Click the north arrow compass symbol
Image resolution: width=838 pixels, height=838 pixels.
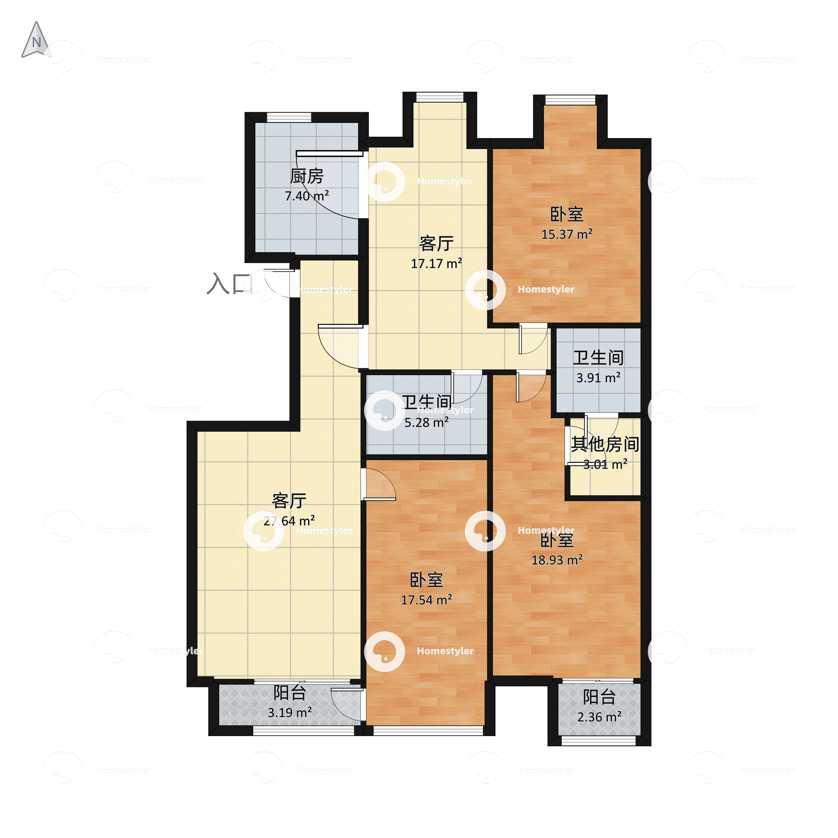pyautogui.click(x=36, y=40)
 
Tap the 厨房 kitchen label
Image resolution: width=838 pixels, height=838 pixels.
pyautogui.click(x=307, y=176)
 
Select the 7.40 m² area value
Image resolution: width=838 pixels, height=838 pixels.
pyautogui.click(x=307, y=196)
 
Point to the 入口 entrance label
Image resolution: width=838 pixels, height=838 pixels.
pyautogui.click(x=229, y=284)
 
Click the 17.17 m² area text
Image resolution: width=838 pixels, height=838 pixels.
pyautogui.click(x=436, y=263)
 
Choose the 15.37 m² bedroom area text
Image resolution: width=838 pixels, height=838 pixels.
pyautogui.click(x=567, y=234)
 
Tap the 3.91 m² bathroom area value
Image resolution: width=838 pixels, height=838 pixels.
pyautogui.click(x=598, y=378)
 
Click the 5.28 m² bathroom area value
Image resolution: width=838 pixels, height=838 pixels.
pyautogui.click(x=427, y=423)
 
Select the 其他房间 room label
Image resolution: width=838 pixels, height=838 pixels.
pyautogui.click(x=605, y=444)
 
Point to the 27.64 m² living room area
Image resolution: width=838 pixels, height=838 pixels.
pyautogui.click(x=289, y=521)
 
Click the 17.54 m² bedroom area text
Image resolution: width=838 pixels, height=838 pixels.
pyautogui.click(x=427, y=600)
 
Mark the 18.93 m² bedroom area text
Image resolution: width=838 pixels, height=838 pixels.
pyautogui.click(x=557, y=560)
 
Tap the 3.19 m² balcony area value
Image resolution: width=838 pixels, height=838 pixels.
pyautogui.click(x=289, y=713)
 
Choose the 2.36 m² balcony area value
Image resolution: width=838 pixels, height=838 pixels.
pyautogui.click(x=599, y=717)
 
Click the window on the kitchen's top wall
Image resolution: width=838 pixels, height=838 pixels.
pyautogui.click(x=289, y=117)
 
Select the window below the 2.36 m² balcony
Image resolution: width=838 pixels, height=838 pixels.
pyautogui.click(x=598, y=741)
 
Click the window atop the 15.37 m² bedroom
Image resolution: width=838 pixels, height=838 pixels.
pyautogui.click(x=570, y=100)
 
